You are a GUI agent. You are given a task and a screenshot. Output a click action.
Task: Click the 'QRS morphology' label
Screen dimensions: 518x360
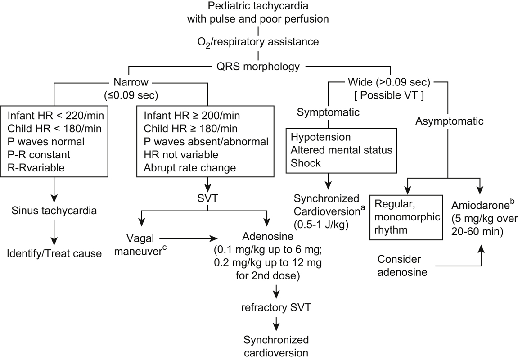pos(258,67)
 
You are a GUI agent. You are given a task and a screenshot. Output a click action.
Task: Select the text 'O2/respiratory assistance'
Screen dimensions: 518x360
pos(258,42)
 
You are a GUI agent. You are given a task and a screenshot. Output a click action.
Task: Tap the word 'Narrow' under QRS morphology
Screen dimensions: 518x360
pos(131,82)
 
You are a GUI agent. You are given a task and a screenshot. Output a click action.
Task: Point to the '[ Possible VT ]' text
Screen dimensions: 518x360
pos(389,95)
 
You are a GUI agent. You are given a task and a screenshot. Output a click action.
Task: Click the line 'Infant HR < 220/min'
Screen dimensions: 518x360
pos(55,116)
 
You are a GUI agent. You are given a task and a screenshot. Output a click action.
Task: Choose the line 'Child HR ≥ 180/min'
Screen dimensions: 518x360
pos(191,129)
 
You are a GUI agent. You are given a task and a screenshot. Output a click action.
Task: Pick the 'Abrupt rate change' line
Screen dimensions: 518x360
pos(189,167)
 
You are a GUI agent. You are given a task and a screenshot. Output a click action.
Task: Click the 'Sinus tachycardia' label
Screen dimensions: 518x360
pos(54,211)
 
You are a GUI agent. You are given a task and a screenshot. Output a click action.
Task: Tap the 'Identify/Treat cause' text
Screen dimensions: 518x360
pos(54,253)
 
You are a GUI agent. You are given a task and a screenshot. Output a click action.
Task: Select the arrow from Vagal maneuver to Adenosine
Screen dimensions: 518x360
pos(188,238)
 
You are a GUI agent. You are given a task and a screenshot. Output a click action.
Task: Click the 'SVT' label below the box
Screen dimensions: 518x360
pos(207,198)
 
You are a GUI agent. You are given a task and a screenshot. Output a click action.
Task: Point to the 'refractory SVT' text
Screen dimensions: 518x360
pos(276,307)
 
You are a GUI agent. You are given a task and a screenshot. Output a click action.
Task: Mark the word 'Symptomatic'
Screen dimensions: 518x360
pos(328,112)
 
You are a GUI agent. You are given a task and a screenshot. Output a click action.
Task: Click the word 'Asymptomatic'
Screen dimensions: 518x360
pos(449,121)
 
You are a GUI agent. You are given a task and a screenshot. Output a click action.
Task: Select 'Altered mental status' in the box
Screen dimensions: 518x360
pos(341,150)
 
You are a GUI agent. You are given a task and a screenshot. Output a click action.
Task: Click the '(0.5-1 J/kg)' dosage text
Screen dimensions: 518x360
pos(321,225)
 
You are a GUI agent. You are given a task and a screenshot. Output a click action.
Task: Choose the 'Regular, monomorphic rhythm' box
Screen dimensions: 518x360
pos(406,217)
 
